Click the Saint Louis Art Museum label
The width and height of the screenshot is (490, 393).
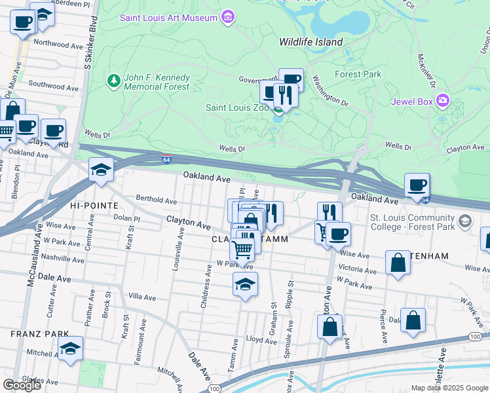(170, 17)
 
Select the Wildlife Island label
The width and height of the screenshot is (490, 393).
(311, 42)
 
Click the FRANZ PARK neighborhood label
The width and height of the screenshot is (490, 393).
(30, 333)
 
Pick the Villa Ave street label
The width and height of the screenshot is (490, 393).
(142, 297)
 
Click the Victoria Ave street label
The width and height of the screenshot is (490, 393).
(357, 269)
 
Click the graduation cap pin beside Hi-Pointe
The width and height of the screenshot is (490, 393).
(102, 169)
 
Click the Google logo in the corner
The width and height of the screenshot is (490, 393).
(22, 384)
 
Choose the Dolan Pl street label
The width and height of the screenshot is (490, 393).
(127, 218)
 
